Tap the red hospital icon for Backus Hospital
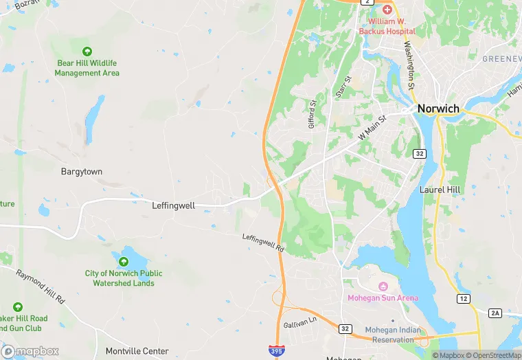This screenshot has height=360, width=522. pyautogui.click(x=387, y=10)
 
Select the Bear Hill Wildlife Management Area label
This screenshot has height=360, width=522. pyautogui.click(x=87, y=68)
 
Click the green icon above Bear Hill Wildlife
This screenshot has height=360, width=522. pyautogui.click(x=87, y=52)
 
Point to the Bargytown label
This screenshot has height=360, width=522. pyautogui.click(x=82, y=171)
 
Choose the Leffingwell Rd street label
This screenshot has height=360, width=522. pyautogui.click(x=263, y=243)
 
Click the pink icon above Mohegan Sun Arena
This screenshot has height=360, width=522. pyautogui.click(x=383, y=286)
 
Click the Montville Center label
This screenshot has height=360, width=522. pyautogui.click(x=137, y=351)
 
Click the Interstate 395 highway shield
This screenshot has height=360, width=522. pyautogui.click(x=275, y=351)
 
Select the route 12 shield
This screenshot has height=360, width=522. pyautogui.click(x=464, y=298)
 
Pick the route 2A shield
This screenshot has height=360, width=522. pyautogui.click(x=495, y=313)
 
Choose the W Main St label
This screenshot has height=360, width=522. pyautogui.click(x=373, y=128)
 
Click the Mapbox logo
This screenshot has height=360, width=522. pyautogui.click(x=31, y=351)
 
